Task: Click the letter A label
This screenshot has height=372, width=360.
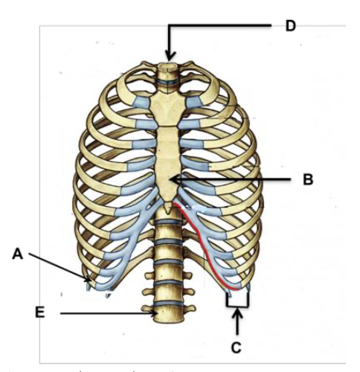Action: click(x=18, y=254)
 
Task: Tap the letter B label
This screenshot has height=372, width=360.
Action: click(x=308, y=179)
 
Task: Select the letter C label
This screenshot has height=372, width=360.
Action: click(x=237, y=347)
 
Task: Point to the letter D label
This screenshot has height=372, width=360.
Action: click(x=291, y=25)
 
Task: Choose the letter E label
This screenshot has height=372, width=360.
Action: click(x=40, y=313)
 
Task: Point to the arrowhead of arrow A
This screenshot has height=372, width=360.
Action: click(x=87, y=279)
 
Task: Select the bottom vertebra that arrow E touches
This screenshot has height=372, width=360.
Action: click(x=167, y=314)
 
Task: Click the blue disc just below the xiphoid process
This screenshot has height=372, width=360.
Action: click(x=168, y=222)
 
